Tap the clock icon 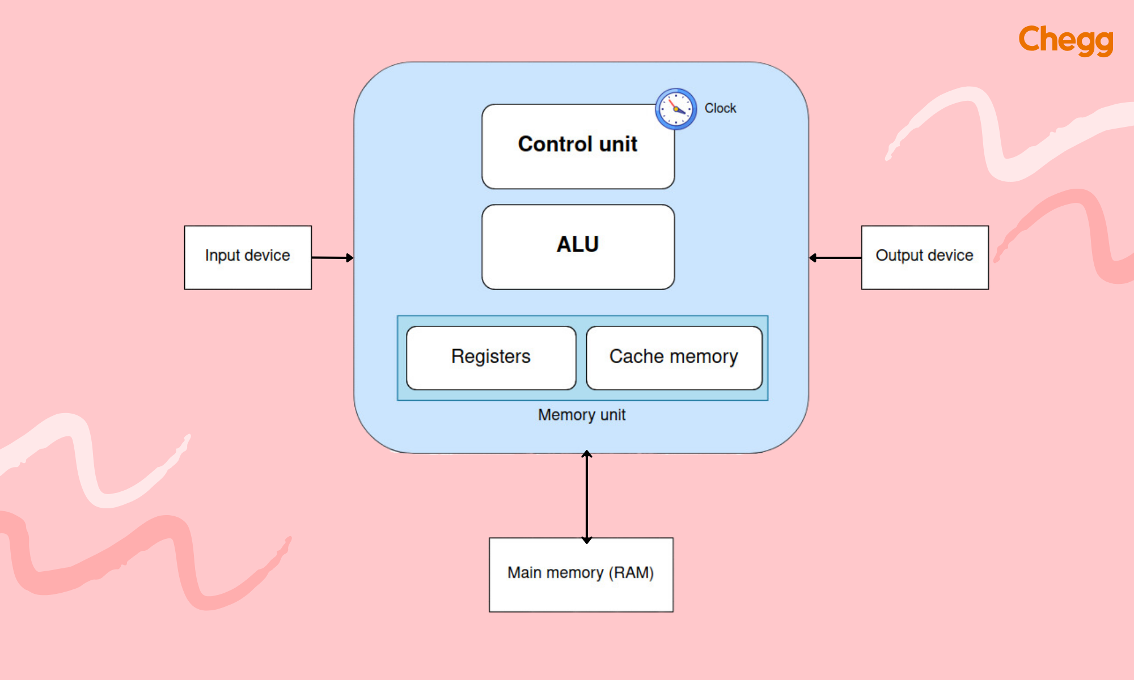(x=676, y=109)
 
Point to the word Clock (x=720, y=108)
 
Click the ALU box (x=578, y=247)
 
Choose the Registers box (x=491, y=358)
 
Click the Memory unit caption (x=582, y=415)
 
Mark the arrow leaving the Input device (x=332, y=258)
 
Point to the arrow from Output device (x=835, y=258)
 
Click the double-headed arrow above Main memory (x=587, y=496)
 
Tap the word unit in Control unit (x=618, y=144)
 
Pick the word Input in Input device (x=222, y=256)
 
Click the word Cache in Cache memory (x=636, y=356)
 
